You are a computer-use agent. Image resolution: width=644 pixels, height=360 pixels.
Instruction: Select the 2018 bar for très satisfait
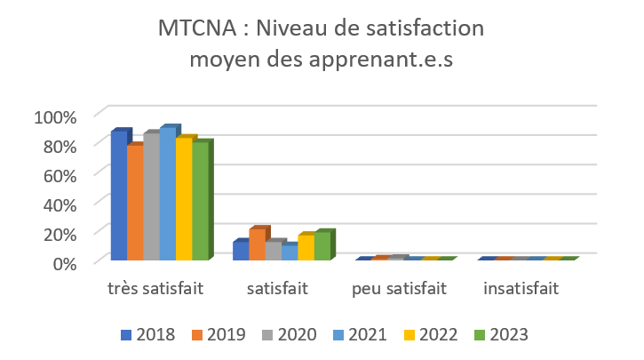coord(118,196)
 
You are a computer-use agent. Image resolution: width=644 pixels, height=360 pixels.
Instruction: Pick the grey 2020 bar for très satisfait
coord(151,197)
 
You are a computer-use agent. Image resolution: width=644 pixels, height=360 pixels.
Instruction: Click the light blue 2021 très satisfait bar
coord(167,195)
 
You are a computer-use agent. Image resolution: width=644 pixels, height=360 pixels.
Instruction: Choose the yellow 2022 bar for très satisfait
coord(183,199)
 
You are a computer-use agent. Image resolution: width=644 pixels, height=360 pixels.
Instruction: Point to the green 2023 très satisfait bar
coord(200,202)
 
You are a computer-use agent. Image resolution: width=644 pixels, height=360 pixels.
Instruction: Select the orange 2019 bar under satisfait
coord(257,244)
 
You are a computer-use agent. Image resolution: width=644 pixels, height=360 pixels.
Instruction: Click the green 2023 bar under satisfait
coord(322,246)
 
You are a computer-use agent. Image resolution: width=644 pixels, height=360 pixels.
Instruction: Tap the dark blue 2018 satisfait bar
coord(240,251)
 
